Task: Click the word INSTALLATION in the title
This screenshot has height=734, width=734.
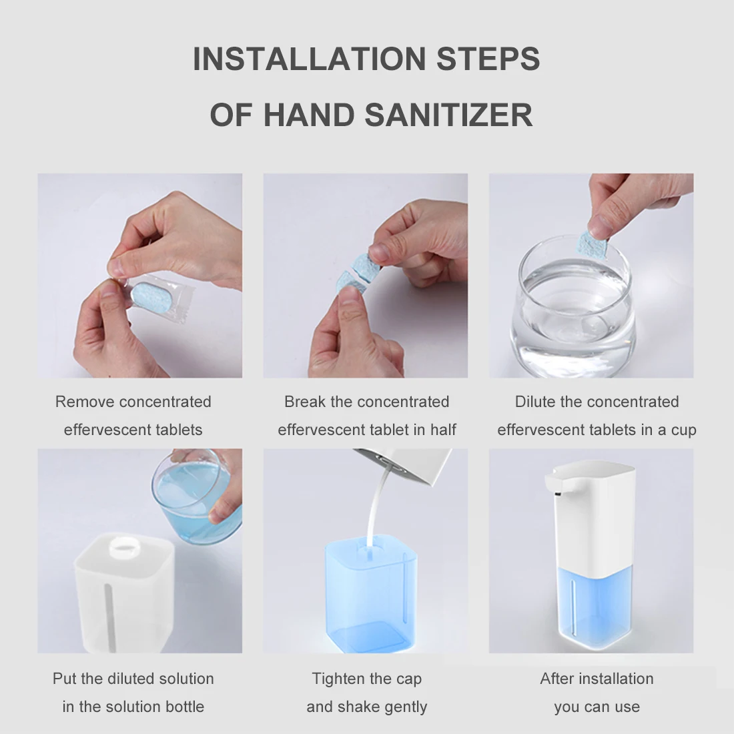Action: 310,59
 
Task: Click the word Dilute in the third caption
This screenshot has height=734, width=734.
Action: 535,402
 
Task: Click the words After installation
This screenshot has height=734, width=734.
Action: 597,679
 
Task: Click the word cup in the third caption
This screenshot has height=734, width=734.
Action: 683,430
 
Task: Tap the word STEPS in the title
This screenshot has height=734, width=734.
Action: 488,59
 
